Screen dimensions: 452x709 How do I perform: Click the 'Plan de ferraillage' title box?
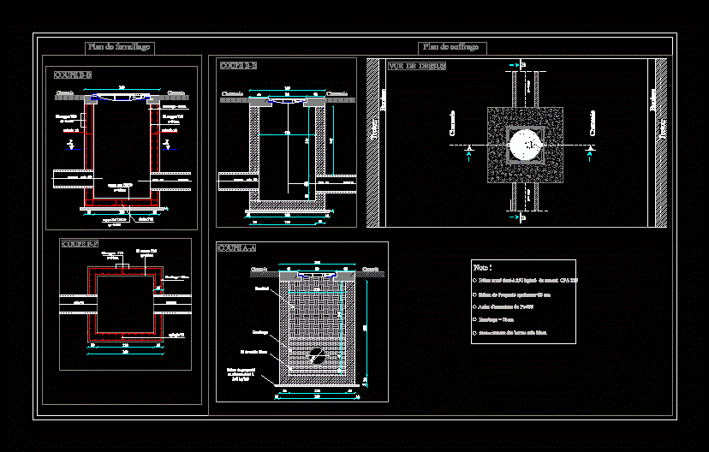click(x=119, y=48)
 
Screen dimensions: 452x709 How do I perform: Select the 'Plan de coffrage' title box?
click(x=453, y=48)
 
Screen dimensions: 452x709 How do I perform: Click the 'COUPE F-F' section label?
click(x=80, y=244)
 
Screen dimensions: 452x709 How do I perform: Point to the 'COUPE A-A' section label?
click(x=237, y=248)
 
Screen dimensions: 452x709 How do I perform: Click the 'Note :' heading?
click(x=483, y=268)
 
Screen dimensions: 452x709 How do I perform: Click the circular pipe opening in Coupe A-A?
click(x=317, y=358)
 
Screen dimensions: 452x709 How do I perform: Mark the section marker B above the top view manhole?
click(x=523, y=64)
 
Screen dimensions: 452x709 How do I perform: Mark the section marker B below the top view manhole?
click(x=523, y=219)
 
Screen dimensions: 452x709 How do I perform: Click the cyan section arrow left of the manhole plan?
click(x=468, y=152)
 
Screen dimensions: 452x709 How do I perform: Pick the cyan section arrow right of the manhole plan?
click(x=589, y=152)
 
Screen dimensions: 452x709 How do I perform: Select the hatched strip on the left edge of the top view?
click(x=372, y=142)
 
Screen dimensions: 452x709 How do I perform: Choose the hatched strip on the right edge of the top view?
click(x=661, y=142)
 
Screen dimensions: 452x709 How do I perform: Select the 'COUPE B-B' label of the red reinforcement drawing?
click(x=73, y=75)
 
